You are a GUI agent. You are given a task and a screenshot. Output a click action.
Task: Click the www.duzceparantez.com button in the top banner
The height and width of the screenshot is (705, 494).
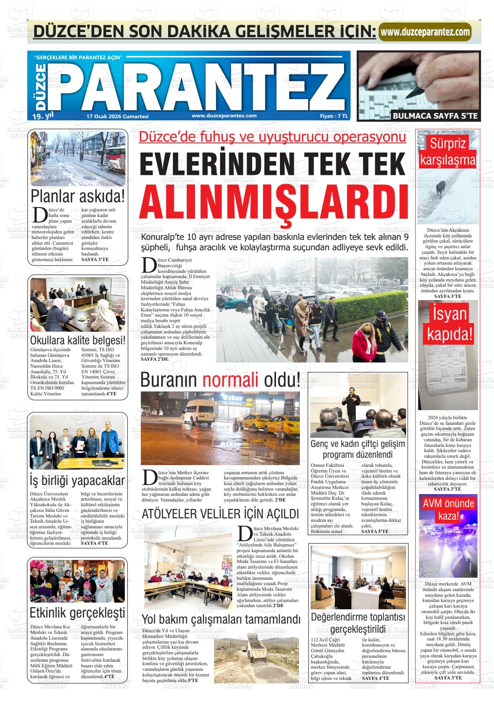pos(425,32)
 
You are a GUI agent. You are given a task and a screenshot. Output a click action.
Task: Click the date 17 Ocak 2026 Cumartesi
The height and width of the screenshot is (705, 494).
pos(117,116)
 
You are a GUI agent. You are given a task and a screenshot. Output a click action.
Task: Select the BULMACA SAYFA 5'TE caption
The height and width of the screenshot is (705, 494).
pos(435,116)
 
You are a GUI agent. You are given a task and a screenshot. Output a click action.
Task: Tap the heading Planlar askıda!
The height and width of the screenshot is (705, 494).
pos(78,197)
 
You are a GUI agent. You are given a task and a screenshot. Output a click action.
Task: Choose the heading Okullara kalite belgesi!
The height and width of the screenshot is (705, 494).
pos(78,340)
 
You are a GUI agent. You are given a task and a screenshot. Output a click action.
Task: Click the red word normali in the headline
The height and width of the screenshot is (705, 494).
pos(230,381)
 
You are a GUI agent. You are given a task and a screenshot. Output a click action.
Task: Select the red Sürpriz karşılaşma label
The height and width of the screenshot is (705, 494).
pos(448,152)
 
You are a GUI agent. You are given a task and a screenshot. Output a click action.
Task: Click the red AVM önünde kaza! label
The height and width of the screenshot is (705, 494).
pos(448,509)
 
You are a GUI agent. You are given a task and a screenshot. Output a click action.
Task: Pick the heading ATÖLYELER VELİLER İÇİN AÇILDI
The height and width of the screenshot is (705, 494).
pos(221,514)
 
